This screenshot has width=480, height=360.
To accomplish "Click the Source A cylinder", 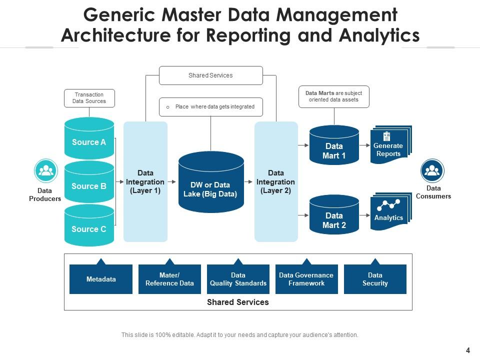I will (x=89, y=142).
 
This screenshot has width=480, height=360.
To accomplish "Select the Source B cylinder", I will (x=89, y=185).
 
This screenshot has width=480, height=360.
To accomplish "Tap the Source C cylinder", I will (x=89, y=229).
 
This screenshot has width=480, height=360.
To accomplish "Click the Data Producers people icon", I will (x=46, y=171).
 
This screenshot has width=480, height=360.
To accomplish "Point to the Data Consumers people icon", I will (x=432, y=171).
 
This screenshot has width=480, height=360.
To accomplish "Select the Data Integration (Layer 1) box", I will (x=145, y=182).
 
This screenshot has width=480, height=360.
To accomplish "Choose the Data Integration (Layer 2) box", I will (x=275, y=182).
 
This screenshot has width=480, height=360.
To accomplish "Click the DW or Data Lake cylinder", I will (x=210, y=185).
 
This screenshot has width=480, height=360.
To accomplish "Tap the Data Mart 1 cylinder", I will (x=334, y=150).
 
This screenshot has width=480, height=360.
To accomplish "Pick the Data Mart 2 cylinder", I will (x=334, y=220).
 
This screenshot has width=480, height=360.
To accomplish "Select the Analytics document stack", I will (x=389, y=213).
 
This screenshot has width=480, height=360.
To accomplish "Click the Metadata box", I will (x=101, y=279).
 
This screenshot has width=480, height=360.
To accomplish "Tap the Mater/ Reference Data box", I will (x=169, y=279).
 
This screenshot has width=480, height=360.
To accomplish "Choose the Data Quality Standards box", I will (x=238, y=279).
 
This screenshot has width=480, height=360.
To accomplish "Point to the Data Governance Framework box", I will (x=306, y=279).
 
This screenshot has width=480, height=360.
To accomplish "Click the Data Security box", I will (x=375, y=279).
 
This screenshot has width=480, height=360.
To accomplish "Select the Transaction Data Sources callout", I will (x=89, y=98).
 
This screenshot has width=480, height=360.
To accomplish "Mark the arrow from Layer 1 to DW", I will (x=172, y=182).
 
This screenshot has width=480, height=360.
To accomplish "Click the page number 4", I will (x=467, y=350).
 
